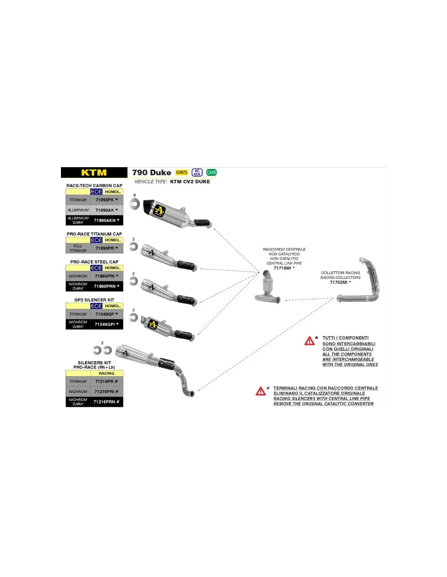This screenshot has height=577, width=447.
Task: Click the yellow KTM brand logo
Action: [x=94, y=172]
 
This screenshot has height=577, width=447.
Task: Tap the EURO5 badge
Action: [x=182, y=172]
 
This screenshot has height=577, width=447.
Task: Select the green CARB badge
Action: [x=211, y=172]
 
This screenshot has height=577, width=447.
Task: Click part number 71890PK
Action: [x=106, y=200]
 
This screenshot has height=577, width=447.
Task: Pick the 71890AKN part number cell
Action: [x=106, y=220]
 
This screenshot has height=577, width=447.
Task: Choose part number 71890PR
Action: [x=106, y=248]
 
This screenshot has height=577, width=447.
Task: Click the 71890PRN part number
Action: [x=106, y=286]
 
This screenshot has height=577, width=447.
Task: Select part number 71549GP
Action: [x=106, y=314]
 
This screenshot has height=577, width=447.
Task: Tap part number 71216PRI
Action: [x=106, y=392]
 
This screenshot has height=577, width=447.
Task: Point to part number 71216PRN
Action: [x=106, y=402]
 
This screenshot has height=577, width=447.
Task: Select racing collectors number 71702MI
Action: [x=340, y=282]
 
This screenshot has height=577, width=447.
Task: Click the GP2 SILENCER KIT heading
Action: [x=94, y=300]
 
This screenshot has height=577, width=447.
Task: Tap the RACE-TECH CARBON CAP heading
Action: [x=94, y=185]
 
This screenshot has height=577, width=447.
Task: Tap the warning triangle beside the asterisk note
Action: [x=309, y=341]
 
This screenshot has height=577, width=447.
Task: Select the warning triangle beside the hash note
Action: [x=260, y=391]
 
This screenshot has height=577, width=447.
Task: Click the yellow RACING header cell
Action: [x=106, y=373]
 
